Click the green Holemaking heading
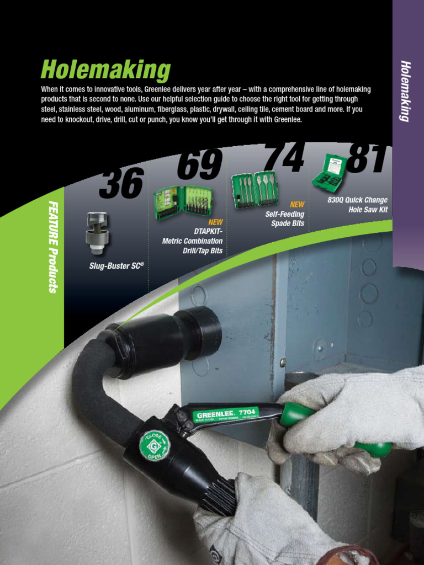tap(105, 71)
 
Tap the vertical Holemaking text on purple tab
tap(405, 91)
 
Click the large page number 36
tap(121, 184)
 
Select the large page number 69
tap(200, 164)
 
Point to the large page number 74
tap(283, 158)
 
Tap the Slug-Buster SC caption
tap(116, 266)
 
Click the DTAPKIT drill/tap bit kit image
tap(182, 202)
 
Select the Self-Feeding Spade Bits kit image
tap(255, 189)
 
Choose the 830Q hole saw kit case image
tap(330, 172)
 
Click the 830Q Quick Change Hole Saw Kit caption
tap(358, 205)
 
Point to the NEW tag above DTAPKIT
tap(215, 222)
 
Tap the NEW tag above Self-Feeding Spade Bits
tap(297, 204)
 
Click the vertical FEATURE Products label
tap(53, 247)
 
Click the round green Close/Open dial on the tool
tap(153, 445)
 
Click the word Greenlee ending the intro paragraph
tap(287, 119)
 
